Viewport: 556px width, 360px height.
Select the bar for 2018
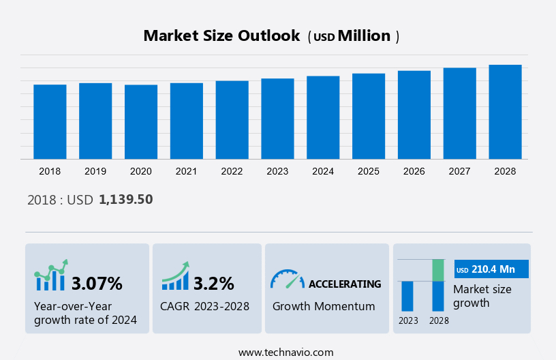click(50, 122)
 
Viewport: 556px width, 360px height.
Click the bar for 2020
click(141, 122)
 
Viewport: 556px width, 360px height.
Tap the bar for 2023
click(277, 119)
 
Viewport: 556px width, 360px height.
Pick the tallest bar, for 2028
click(506, 112)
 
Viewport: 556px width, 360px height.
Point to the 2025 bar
click(369, 117)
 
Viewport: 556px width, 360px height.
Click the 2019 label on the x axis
click(95, 171)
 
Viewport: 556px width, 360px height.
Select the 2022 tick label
click(232, 171)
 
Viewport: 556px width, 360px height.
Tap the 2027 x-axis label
click(460, 171)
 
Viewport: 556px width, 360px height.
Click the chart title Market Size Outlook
click(221, 36)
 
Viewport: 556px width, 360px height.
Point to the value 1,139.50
click(126, 200)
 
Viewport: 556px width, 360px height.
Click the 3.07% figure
click(97, 283)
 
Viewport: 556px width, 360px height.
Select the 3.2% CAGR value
click(213, 283)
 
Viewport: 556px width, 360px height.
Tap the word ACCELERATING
click(345, 284)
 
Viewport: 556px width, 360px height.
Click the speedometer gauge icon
click(287, 278)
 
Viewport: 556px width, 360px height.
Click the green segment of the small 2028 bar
click(438, 270)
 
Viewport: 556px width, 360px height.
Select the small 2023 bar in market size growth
click(407, 296)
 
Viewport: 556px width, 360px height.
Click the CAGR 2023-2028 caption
click(204, 306)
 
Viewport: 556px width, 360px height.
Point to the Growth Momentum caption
click(324, 306)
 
